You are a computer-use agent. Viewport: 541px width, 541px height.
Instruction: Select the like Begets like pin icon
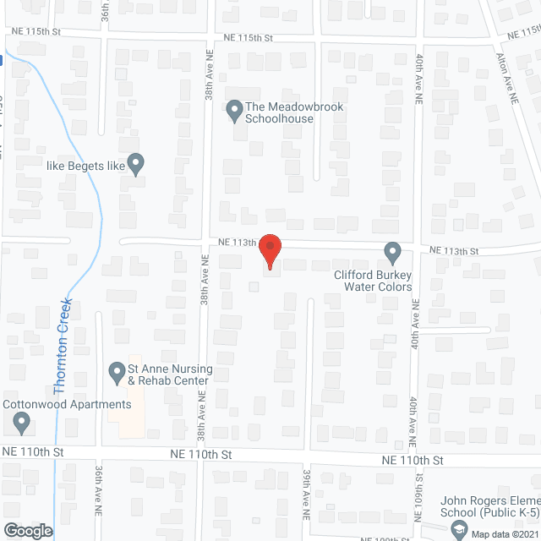point(135,163)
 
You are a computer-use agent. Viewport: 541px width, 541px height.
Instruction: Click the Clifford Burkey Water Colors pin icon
point(392,252)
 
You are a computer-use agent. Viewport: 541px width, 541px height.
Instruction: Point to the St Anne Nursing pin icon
point(117,371)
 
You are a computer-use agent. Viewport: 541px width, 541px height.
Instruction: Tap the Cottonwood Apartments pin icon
point(22,421)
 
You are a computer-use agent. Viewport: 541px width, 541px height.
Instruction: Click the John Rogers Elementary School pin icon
point(459,530)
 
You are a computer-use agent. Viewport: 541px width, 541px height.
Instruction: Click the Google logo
point(27,530)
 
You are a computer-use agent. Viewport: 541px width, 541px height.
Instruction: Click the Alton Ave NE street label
point(508,76)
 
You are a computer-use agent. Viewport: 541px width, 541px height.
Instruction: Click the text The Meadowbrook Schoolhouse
point(280,112)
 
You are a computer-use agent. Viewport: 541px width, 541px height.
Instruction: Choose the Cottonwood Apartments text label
point(67,404)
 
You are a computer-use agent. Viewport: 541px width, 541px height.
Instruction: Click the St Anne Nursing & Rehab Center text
point(169,375)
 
